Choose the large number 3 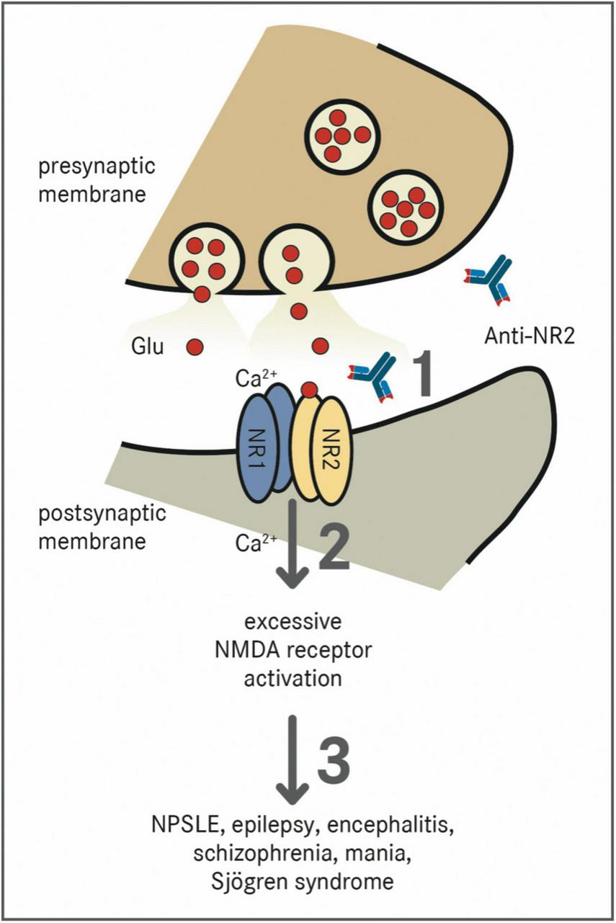point(334,759)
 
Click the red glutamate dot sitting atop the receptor point(309,390)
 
